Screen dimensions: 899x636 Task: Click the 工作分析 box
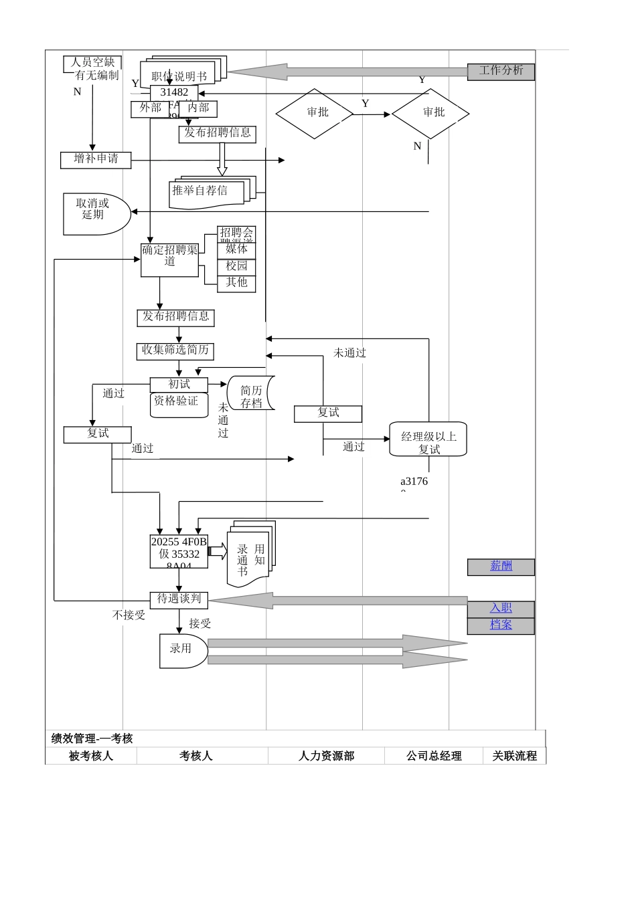(501, 71)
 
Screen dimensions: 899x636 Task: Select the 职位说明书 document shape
(179, 76)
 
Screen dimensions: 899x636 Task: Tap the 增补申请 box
(96, 159)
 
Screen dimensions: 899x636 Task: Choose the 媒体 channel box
(236, 249)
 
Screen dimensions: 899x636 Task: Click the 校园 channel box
(236, 266)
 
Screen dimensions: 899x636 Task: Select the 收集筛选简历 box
(175, 350)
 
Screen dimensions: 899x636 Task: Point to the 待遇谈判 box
(179, 599)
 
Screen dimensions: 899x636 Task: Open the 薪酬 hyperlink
(501, 566)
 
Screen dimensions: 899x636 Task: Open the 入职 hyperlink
(501, 608)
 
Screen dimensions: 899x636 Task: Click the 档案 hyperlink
(501, 625)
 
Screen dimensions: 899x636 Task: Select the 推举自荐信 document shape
(201, 191)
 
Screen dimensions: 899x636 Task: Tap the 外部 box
(151, 108)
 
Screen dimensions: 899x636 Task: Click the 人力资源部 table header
(326, 756)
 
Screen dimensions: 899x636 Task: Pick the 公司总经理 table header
(434, 756)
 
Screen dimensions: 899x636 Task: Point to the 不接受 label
(129, 615)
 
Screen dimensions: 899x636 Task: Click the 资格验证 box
(177, 402)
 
